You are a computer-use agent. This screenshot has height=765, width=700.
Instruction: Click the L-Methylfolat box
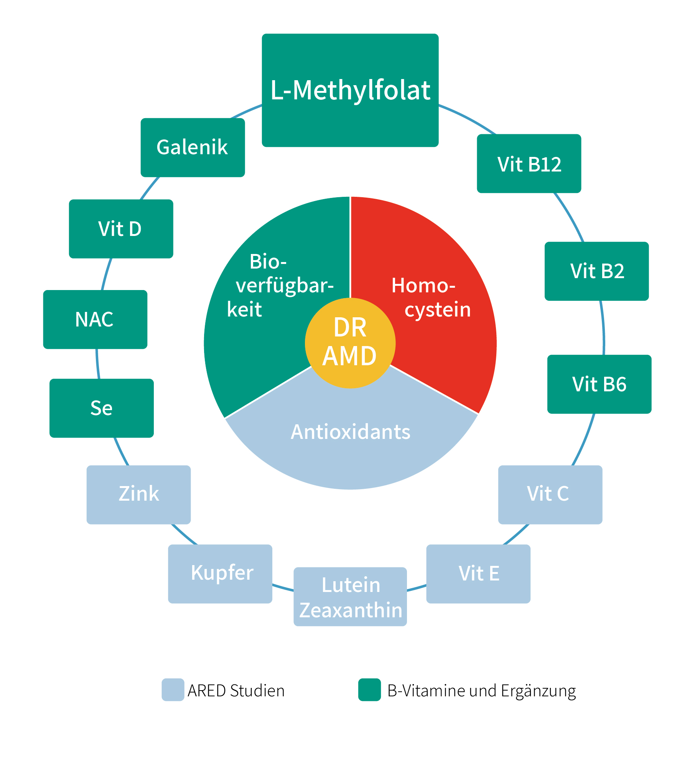(350, 90)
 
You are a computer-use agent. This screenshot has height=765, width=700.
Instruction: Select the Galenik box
(193, 147)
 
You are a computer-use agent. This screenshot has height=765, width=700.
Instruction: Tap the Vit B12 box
(529, 163)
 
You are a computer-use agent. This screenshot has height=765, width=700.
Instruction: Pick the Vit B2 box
(596, 271)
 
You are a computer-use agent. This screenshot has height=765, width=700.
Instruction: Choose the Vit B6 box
(599, 384)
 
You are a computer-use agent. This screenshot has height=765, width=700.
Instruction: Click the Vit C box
(550, 495)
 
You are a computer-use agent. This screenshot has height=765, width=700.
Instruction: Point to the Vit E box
(478, 574)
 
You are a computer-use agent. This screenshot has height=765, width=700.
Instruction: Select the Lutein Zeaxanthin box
(350, 597)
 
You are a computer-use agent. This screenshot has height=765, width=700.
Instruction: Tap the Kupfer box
(220, 574)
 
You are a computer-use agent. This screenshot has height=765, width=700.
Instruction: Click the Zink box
(138, 495)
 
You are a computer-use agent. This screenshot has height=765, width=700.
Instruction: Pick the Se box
(102, 408)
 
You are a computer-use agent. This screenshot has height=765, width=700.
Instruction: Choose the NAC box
(95, 319)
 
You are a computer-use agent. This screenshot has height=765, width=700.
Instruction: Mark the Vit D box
(121, 229)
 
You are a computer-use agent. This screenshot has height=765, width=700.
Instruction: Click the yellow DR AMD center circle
(350, 343)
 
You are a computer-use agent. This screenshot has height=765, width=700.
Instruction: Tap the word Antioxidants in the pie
(350, 432)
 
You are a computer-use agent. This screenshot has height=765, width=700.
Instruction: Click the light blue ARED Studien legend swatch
(173, 689)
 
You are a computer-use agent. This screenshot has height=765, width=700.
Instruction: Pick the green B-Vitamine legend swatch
(369, 689)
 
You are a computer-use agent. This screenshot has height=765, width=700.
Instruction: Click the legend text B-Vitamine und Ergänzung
(481, 691)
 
